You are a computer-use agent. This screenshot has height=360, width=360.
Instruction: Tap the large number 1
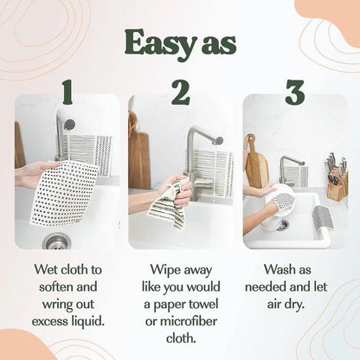67,92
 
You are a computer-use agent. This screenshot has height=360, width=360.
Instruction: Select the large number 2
180,92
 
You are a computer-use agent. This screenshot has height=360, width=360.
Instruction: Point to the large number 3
294,92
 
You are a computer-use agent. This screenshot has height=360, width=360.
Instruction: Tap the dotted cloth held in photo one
65,191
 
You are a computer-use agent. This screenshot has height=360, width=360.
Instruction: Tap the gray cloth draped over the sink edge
321,220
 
